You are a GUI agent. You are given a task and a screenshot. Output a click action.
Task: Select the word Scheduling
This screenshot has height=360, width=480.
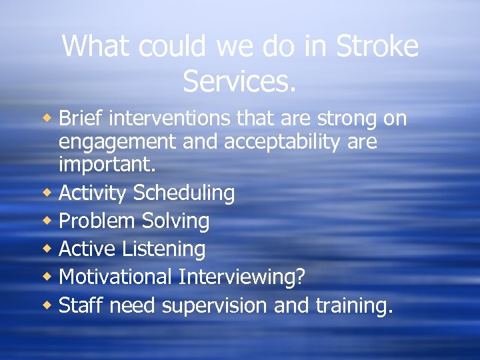(x=184, y=193)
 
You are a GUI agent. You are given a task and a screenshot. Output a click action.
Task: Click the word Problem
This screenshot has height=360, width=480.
(x=94, y=221)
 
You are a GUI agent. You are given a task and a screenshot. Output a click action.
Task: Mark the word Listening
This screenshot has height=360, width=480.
(x=164, y=249)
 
